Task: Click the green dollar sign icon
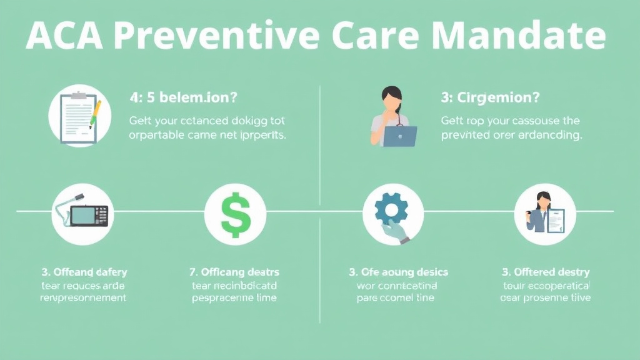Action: click(x=236, y=214)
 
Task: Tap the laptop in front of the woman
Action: click(x=399, y=135)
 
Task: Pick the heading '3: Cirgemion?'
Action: click(x=491, y=97)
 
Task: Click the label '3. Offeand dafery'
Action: click(x=84, y=272)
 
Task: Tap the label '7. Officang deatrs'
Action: click(x=234, y=272)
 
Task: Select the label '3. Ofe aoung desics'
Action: click(x=398, y=272)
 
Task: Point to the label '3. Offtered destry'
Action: click(x=546, y=272)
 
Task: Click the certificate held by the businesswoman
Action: click(x=555, y=220)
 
